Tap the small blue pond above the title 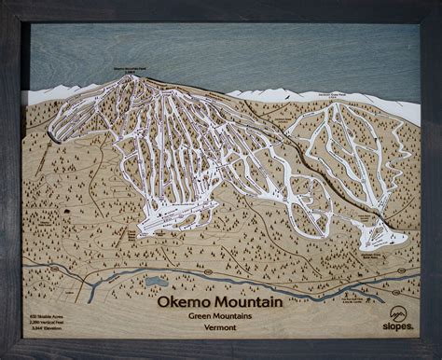click(155, 280)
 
